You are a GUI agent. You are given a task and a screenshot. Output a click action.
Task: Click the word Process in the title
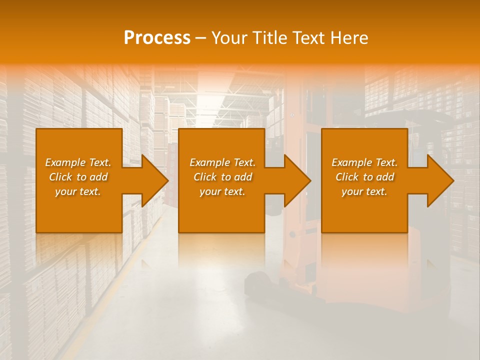[x=157, y=38]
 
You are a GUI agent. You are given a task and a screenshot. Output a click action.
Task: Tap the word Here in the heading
[x=349, y=38]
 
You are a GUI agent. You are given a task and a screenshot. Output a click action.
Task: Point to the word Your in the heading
[x=229, y=38]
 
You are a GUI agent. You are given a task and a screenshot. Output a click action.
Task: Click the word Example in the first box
[x=65, y=162]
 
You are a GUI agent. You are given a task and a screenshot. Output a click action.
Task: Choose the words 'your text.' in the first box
[x=78, y=191]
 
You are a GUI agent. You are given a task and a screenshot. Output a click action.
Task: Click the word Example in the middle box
[x=209, y=162]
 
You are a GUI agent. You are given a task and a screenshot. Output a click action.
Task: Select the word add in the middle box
[x=243, y=177]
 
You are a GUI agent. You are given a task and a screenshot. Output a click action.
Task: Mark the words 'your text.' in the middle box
[x=222, y=191]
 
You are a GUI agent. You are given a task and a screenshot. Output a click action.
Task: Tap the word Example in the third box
[x=351, y=162]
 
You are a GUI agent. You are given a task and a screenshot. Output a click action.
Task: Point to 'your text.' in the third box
[x=364, y=191]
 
